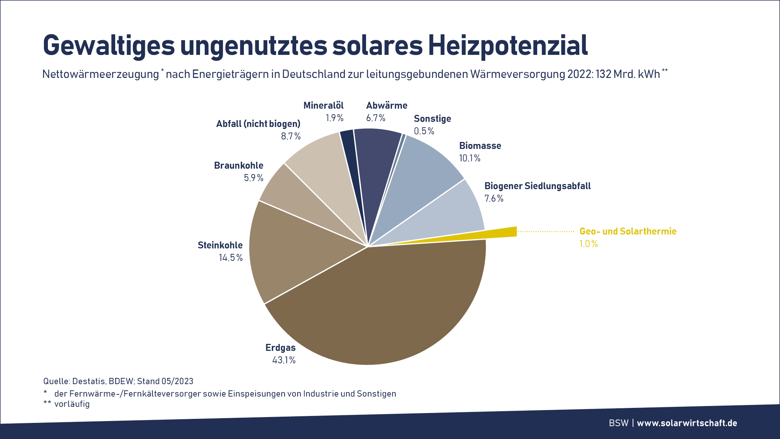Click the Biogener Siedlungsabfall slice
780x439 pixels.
pos(450,216)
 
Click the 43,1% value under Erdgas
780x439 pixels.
pos(284,360)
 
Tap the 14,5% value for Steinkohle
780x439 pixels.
pos(231,258)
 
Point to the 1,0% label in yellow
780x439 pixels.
pos(588,244)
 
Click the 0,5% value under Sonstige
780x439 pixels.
pos(424,131)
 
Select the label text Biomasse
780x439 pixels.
pos(480,146)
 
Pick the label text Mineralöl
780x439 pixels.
pos(323,106)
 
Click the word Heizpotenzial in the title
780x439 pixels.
pos(508,45)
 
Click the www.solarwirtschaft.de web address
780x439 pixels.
pos(687,423)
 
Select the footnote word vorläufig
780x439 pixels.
pos(72,404)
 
